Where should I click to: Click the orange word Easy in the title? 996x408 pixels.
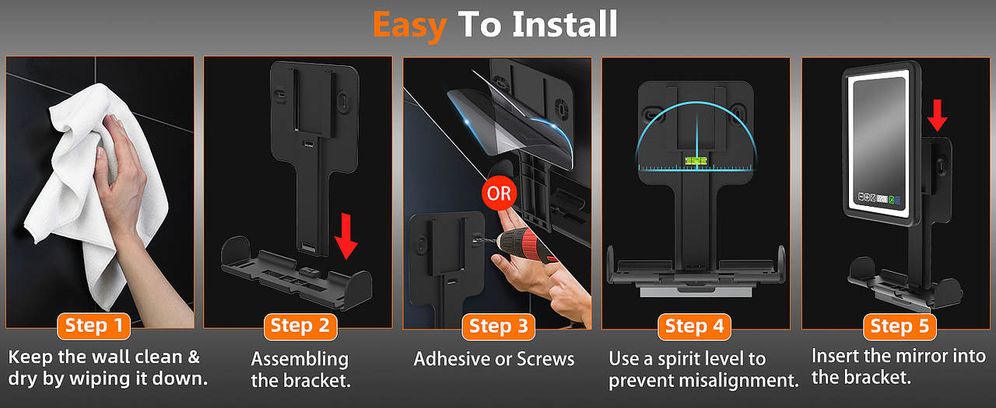coord(409,26)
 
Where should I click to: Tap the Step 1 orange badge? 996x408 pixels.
coord(94,326)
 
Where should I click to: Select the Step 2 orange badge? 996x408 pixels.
coord(300,326)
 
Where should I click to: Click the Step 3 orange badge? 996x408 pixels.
coord(499,326)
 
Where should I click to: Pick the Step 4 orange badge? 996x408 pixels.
coord(695,326)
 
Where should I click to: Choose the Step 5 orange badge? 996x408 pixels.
coord(900,326)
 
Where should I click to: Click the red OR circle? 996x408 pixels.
coord(499,194)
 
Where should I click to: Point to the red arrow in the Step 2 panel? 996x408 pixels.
coord(346,236)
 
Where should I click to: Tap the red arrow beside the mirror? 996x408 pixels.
coord(938,116)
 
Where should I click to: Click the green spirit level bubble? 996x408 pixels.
coord(696,161)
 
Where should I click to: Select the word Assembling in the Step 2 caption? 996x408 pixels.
coord(300,360)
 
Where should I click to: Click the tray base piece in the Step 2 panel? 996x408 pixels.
coord(296,273)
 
